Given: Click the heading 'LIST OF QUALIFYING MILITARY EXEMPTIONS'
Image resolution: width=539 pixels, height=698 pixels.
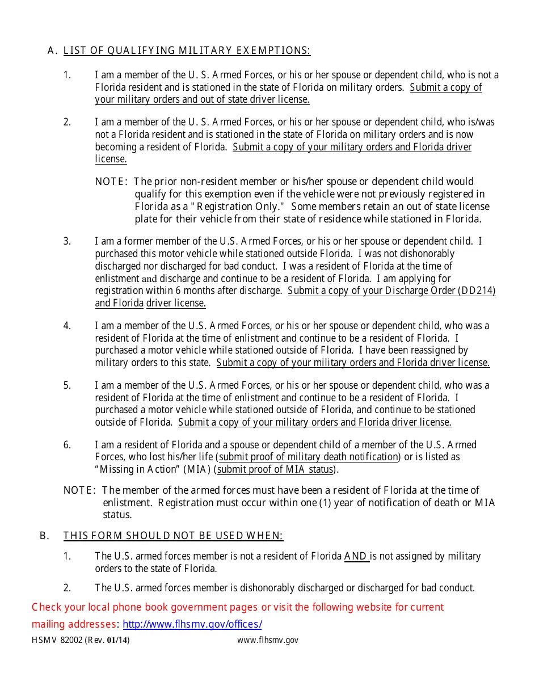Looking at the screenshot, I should point(187,51).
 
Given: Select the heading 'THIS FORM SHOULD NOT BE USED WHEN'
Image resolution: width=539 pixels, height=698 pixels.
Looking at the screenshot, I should point(173,536).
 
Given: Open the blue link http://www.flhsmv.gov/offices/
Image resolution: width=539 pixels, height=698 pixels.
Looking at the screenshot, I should point(192,624).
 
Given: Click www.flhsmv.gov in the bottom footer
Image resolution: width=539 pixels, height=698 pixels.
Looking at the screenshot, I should point(268,640).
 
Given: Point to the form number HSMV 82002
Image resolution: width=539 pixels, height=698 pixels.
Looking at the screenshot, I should point(57,640).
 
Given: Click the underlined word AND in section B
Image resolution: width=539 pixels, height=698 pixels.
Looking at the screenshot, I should point(356,556).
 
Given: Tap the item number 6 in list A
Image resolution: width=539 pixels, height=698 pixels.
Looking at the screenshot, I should point(67,445).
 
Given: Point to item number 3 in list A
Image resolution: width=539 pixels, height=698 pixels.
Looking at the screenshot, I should point(67,241).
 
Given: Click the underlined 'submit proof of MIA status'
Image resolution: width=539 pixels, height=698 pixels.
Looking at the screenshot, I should point(276,469).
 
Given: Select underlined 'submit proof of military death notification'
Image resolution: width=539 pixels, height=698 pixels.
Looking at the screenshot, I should point(309,457).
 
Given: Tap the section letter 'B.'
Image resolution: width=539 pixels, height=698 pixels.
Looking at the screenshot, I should point(44,536).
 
